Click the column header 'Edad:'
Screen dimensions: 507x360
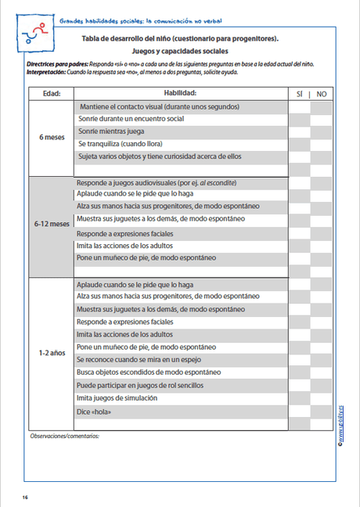(x=51, y=93)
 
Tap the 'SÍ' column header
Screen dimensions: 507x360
(x=299, y=93)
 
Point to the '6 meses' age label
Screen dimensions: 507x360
(x=51, y=137)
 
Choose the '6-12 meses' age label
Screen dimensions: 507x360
(x=51, y=223)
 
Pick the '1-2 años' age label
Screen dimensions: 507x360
(x=51, y=353)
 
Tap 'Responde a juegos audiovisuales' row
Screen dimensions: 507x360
(x=157, y=182)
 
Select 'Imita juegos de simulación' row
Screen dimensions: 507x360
(x=117, y=397)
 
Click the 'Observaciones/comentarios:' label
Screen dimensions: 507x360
(x=65, y=435)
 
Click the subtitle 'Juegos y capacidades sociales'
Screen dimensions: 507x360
(x=179, y=51)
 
